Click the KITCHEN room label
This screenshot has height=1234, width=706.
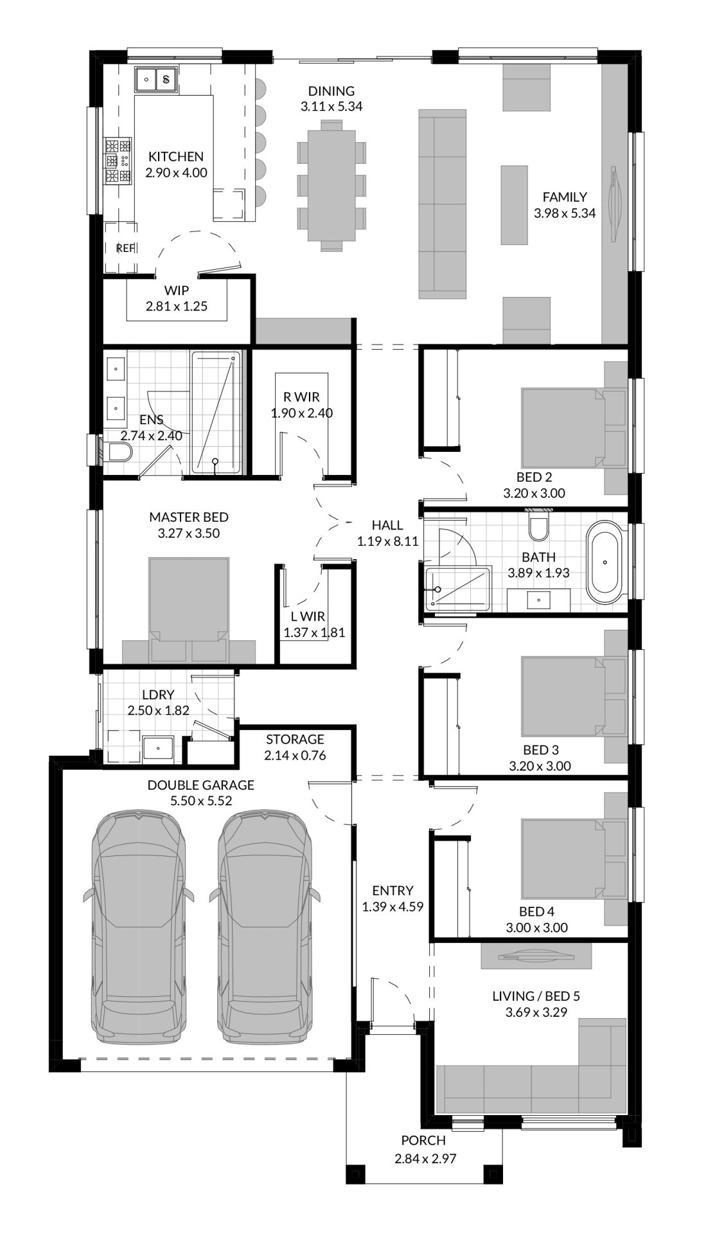pos(176,156)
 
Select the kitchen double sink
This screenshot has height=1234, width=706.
pos(156,80)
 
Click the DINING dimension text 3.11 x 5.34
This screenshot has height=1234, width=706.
pos(331,107)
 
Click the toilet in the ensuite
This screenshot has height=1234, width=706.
pos(118,454)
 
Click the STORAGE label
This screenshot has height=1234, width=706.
pos(295,740)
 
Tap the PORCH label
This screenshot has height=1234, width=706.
pos(423,1141)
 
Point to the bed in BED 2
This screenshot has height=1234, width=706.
pos(563,427)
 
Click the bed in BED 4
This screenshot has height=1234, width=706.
pos(563,859)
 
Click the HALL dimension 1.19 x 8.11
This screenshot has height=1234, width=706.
pos(388,541)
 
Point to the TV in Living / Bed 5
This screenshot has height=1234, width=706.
pos(536,956)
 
